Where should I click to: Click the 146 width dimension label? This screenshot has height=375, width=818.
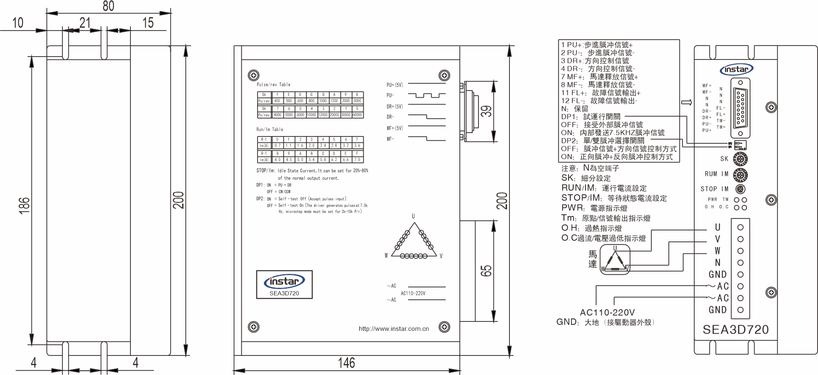click(346, 363)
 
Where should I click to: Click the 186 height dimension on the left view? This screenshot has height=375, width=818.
click(25, 205)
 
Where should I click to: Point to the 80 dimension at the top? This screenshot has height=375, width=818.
click(108, 6)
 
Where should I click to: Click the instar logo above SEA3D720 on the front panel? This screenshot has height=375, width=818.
click(284, 281)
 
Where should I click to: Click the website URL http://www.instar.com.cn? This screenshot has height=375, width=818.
click(393, 329)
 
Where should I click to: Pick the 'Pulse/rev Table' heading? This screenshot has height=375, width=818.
click(273, 85)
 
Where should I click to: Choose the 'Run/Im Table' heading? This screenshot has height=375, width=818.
click(269, 129)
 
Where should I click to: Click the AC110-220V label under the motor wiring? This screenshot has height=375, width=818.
click(607, 312)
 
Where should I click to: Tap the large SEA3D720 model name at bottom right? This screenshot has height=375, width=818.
click(736, 330)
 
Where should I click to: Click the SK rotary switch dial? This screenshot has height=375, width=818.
click(741, 159)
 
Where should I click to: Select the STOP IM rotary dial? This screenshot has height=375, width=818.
click(740, 189)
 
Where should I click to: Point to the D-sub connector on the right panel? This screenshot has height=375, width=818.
click(740, 108)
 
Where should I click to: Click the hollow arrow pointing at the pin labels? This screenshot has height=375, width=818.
click(686, 102)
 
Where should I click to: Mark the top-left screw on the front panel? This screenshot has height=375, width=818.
click(253, 76)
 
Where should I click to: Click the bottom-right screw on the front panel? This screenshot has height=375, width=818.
click(444, 327)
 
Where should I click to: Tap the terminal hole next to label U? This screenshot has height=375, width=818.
click(740, 227)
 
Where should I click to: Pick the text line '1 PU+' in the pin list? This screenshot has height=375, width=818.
click(596, 45)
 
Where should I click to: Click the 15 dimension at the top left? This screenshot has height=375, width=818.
click(148, 23)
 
